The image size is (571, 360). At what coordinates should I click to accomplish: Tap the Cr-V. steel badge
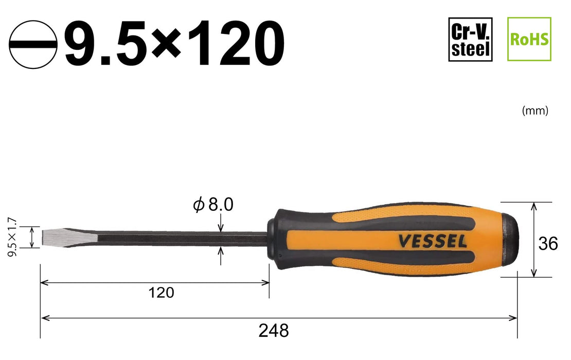pos(470,39)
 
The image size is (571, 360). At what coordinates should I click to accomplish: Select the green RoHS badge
pos(529,39)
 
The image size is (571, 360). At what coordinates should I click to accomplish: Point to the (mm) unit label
pos(535,111)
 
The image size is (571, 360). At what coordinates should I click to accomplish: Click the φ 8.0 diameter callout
pos(213,205)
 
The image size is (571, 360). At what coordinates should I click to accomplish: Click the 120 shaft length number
pos(162,293)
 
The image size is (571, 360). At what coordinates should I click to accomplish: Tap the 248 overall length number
pos(274,330)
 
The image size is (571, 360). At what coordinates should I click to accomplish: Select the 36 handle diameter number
pos(549,244)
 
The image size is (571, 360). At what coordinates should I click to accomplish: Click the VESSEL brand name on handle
pos(431,241)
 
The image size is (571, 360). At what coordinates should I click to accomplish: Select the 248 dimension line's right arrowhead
pos(513,318)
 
